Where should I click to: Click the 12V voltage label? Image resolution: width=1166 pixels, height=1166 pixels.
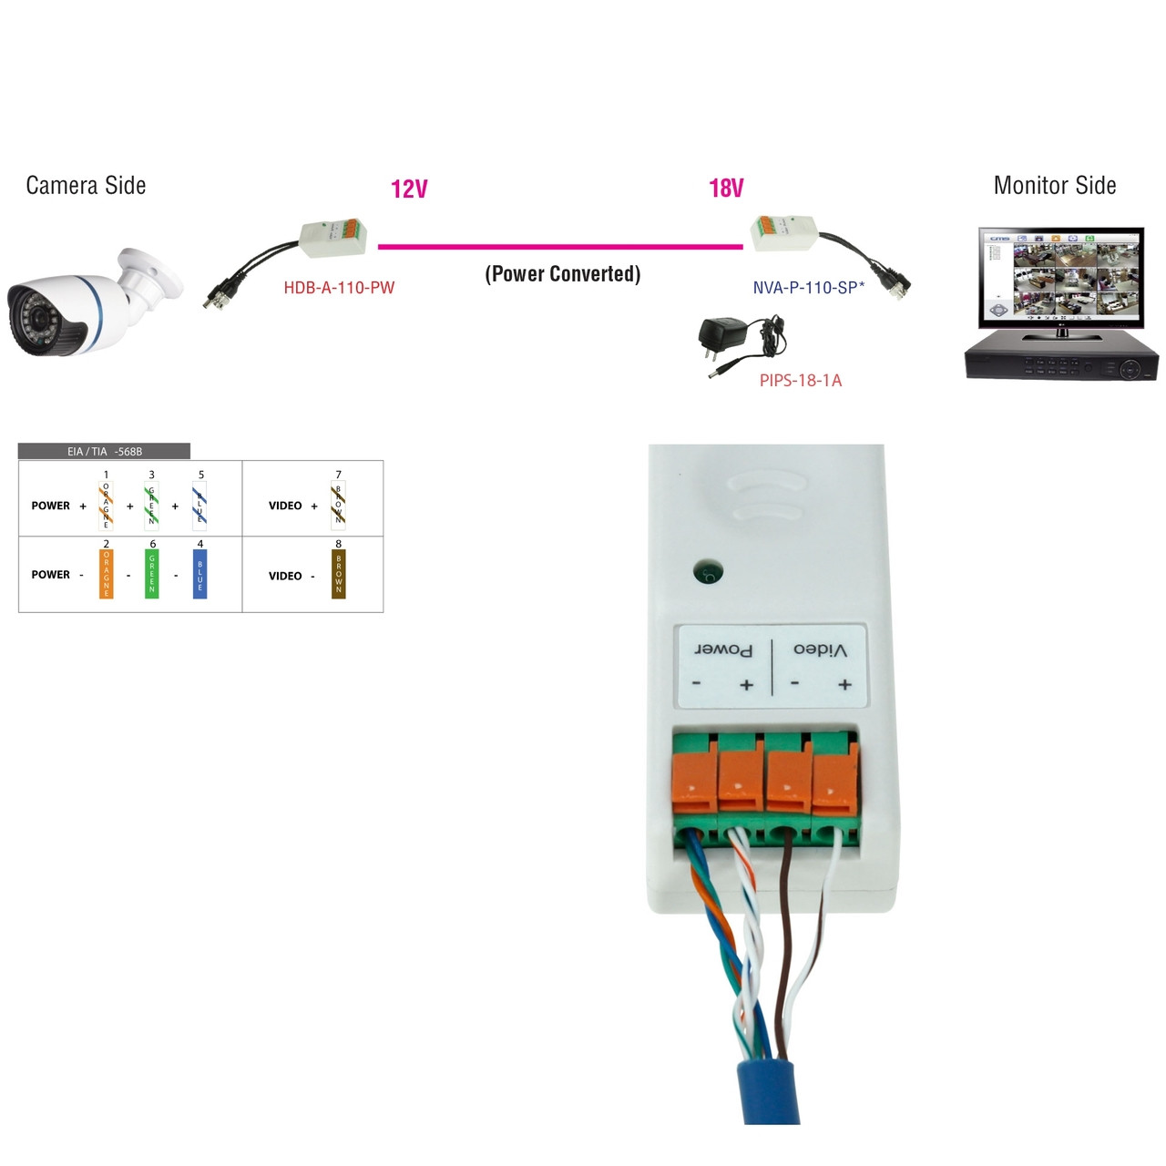(x=409, y=189)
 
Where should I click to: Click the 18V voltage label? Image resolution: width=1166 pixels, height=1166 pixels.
(x=726, y=189)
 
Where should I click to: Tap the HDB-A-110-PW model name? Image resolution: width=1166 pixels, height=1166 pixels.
(x=339, y=288)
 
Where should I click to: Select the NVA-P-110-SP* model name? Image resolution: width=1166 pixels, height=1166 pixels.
(x=808, y=288)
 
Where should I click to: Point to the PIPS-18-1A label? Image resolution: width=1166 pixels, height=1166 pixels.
(x=800, y=381)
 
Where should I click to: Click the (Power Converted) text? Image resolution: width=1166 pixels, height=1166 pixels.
(x=562, y=274)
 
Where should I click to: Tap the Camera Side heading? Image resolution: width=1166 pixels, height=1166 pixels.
(x=86, y=186)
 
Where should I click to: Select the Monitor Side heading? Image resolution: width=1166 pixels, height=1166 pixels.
(x=1054, y=186)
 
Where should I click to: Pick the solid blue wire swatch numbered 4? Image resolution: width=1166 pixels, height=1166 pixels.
(x=200, y=574)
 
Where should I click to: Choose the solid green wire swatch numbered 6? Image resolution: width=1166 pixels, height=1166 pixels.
(x=152, y=574)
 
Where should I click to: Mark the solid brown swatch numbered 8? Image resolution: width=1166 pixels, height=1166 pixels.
(x=339, y=574)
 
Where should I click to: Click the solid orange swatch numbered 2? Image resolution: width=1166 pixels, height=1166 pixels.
(x=107, y=574)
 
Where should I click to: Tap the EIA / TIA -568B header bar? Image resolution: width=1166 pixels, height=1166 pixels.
(x=104, y=451)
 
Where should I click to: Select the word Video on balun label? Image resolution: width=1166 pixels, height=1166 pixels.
(x=820, y=649)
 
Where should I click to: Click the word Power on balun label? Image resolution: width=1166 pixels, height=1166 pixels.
(x=723, y=649)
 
